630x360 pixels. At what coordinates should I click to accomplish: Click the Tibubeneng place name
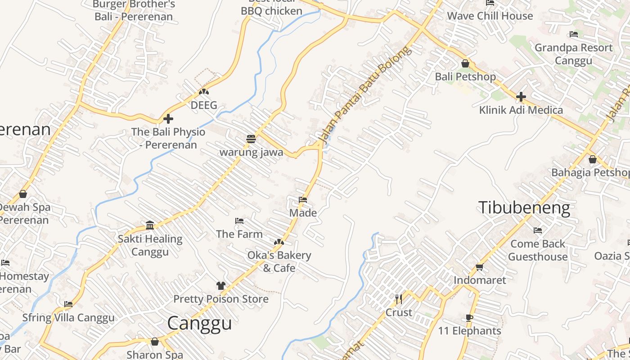524,208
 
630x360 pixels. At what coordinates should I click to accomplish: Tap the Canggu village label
199,323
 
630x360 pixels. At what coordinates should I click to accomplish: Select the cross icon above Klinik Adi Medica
521,97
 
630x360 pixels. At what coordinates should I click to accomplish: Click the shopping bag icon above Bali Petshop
465,63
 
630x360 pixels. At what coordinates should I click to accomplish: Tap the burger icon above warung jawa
251,139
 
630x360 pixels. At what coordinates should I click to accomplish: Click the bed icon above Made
303,200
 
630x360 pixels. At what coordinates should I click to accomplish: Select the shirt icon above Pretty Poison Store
220,286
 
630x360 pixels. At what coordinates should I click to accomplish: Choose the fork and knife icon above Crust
399,299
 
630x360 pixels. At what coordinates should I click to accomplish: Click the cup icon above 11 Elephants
469,318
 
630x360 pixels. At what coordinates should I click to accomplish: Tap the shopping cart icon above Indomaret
480,267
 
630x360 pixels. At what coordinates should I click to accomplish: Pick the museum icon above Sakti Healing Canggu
150,225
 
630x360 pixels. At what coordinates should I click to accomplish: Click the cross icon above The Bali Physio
168,119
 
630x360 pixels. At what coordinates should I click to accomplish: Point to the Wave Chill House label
490,16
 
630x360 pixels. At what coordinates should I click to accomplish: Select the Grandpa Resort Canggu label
573,54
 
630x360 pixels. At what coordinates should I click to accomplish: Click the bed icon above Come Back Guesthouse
538,231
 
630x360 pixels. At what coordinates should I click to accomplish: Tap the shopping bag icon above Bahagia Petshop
593,159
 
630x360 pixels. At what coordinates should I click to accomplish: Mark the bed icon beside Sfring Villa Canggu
68,305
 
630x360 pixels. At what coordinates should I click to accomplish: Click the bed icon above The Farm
239,221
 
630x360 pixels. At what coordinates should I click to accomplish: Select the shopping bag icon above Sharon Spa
155,342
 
